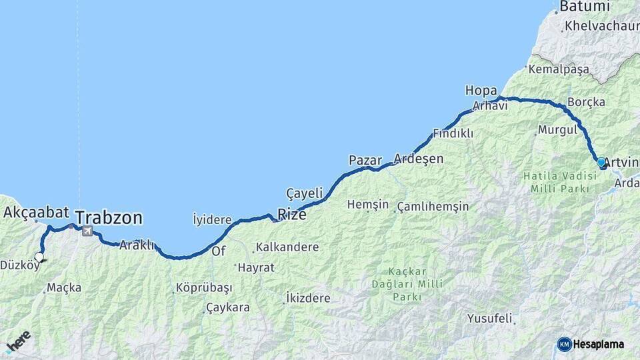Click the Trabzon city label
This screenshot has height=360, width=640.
point(109,217)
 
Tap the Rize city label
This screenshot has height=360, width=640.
point(292,215)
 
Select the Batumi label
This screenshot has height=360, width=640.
point(585,7)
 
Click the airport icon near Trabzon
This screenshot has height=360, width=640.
point(87,231)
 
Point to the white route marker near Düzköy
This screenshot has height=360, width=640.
point(39,257)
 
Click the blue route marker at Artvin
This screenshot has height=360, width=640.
point(601,162)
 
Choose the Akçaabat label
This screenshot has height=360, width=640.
point(37,213)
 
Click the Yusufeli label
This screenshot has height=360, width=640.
point(489,319)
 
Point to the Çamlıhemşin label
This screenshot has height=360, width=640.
point(433,207)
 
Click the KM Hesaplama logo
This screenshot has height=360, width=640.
point(591,344)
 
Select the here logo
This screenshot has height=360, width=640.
point(18,341)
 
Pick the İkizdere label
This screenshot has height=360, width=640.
point(307,298)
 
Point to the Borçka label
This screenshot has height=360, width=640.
point(586,103)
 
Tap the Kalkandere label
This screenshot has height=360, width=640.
point(287,247)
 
